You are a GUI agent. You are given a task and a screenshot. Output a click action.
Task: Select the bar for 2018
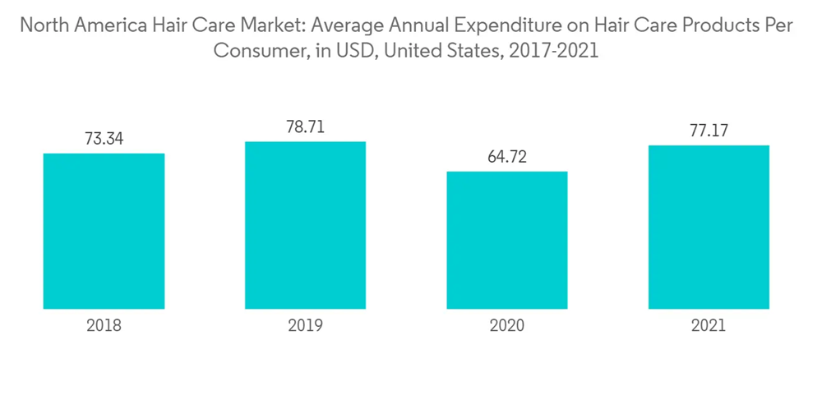(x=104, y=231)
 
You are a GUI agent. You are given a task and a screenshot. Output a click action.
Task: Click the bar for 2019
(x=305, y=225)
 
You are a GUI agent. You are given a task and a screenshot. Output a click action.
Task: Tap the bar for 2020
(x=507, y=240)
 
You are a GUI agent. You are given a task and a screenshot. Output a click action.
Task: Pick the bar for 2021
(x=709, y=227)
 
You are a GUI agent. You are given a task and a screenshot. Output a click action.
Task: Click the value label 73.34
(x=104, y=139)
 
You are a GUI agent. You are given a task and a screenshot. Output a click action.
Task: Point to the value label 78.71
(x=305, y=127)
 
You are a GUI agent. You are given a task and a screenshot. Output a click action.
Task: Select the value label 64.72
(x=507, y=157)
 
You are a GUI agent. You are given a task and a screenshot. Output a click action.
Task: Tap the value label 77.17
(x=709, y=131)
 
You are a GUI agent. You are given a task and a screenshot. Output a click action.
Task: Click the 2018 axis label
(x=104, y=325)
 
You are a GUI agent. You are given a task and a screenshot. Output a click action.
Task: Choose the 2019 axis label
(x=305, y=325)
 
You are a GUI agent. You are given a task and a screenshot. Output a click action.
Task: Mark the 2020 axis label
(x=507, y=325)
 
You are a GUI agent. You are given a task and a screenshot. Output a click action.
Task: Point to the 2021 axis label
(x=709, y=325)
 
